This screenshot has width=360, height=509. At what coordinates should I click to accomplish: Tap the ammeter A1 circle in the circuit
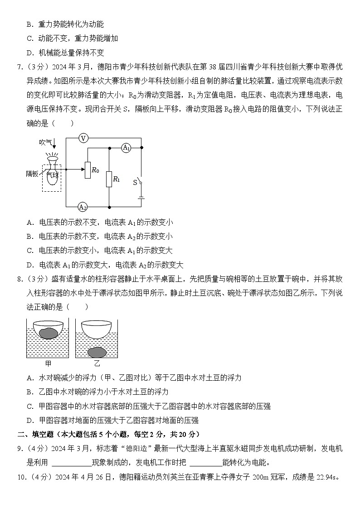pyautogui.click(x=126, y=148)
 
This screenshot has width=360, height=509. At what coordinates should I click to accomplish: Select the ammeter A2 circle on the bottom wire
pyautogui.click(x=83, y=207)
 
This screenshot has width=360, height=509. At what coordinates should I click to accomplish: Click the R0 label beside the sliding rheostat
pyautogui.click(x=95, y=170)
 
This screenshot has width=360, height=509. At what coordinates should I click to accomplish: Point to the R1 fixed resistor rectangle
pyautogui.click(x=109, y=179)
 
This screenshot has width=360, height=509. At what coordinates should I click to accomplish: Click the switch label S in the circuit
pyautogui.click(x=135, y=182)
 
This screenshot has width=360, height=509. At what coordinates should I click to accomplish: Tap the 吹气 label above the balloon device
pyautogui.click(x=46, y=142)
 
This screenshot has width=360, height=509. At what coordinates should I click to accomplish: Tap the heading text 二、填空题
pyautogui.click(x=36, y=434)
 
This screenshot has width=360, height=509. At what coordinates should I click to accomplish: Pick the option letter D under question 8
pyautogui.click(x=29, y=420)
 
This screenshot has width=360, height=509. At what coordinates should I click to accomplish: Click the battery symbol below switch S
pyautogui.click(x=141, y=198)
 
